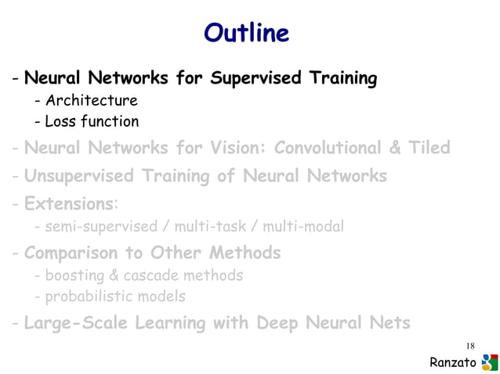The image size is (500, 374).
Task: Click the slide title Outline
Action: [x=247, y=34]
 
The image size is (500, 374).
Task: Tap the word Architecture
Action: [x=91, y=100]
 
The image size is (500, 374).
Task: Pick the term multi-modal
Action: [x=303, y=227]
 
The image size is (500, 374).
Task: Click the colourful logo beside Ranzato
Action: [x=489, y=361]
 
